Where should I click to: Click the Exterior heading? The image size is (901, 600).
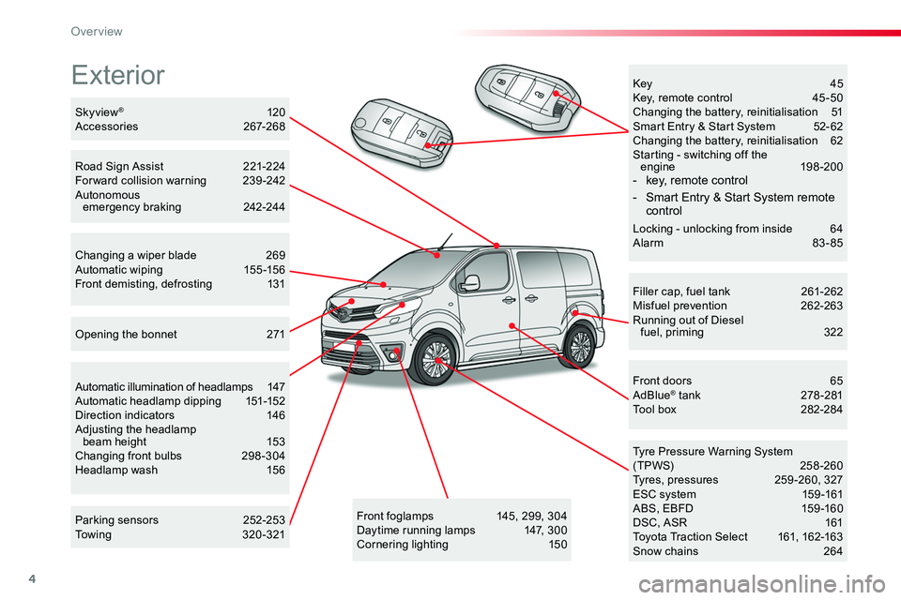click(118, 74)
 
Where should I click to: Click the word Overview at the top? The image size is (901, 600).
click(97, 31)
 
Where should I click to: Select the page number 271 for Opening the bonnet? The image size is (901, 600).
click(275, 335)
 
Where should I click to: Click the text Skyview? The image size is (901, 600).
click(96, 111)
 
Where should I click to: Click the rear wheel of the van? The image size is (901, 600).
click(580, 346)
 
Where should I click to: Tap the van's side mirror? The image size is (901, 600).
click(471, 282)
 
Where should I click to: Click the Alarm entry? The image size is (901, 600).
click(649, 243)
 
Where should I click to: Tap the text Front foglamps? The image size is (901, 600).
click(395, 516)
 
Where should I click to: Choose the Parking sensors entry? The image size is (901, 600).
click(117, 519)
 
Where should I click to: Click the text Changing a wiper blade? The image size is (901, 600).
click(135, 255)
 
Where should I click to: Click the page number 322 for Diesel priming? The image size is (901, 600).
click(832, 332)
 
